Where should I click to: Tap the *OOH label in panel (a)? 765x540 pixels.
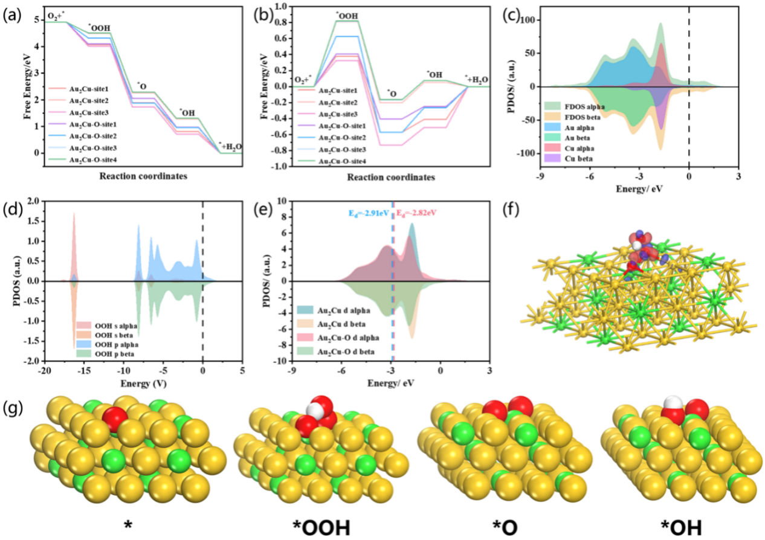click(x=100, y=27)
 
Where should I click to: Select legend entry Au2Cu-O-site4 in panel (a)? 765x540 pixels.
click(x=95, y=159)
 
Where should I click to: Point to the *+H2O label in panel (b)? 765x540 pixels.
click(x=476, y=79)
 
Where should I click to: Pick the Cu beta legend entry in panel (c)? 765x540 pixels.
click(x=572, y=158)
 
